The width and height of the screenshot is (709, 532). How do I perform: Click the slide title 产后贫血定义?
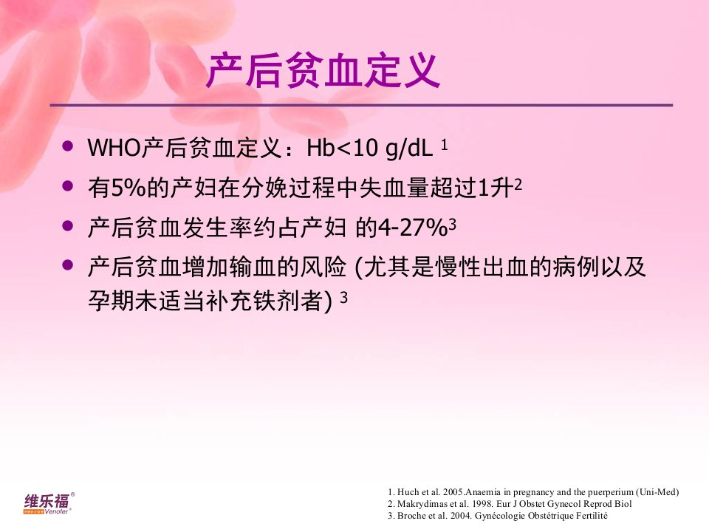point(323,71)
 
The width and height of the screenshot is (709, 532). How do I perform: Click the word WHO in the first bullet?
point(114,148)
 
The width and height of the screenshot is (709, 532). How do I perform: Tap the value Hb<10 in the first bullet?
point(342,148)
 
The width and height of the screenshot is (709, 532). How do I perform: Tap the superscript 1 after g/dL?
point(444,146)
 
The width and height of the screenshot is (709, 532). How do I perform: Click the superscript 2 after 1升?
point(518,185)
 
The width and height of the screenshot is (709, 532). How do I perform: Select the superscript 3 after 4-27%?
point(452,225)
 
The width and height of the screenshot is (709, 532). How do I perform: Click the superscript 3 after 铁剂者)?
point(343,297)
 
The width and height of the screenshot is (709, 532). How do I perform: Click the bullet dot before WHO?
point(68,146)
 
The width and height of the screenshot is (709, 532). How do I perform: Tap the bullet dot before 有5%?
point(68,185)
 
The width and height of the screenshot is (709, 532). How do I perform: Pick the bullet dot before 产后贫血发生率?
point(68,225)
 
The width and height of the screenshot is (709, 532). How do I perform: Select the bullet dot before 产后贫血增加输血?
point(68,265)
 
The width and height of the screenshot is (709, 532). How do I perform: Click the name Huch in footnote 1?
point(408,492)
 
